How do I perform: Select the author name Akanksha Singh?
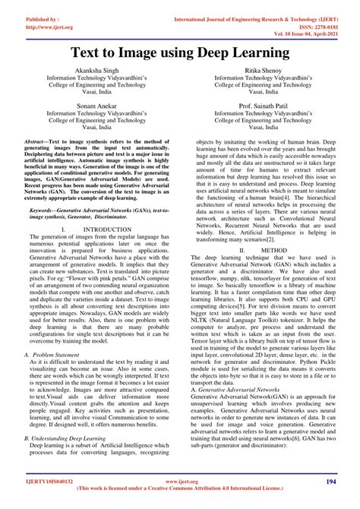94,68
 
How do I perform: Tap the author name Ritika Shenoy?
261,68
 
